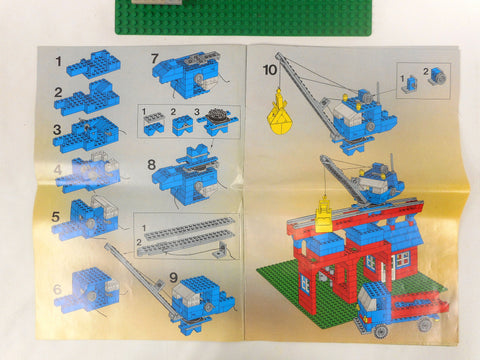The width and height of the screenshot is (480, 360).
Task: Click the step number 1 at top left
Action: [x=59, y=62]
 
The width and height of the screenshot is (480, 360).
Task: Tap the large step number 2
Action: [x=58, y=93]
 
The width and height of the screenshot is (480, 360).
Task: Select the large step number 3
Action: [x=57, y=129]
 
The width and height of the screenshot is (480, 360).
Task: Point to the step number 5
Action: [x=56, y=217]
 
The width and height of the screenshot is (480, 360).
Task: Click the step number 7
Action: [x=154, y=59]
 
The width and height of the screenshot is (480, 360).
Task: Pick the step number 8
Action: [x=151, y=165]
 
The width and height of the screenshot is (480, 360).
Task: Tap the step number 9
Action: [x=174, y=277]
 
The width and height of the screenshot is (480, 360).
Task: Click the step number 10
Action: [x=270, y=70]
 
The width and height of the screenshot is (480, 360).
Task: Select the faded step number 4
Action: [x=58, y=170]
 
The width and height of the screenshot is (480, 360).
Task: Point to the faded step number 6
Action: [x=58, y=289]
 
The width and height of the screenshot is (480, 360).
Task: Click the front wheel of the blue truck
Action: [x=381, y=330]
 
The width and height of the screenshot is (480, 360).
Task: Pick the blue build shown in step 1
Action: [x=93, y=63]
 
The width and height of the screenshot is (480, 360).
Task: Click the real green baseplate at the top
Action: [x=243, y=17]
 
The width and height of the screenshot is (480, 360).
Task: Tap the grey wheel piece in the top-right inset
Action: [x=439, y=77]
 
